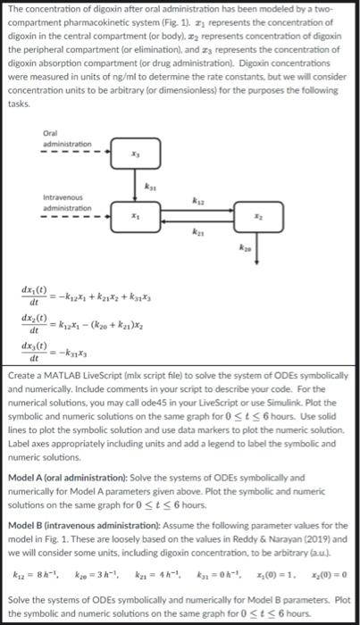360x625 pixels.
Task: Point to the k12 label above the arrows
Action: [197, 201]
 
